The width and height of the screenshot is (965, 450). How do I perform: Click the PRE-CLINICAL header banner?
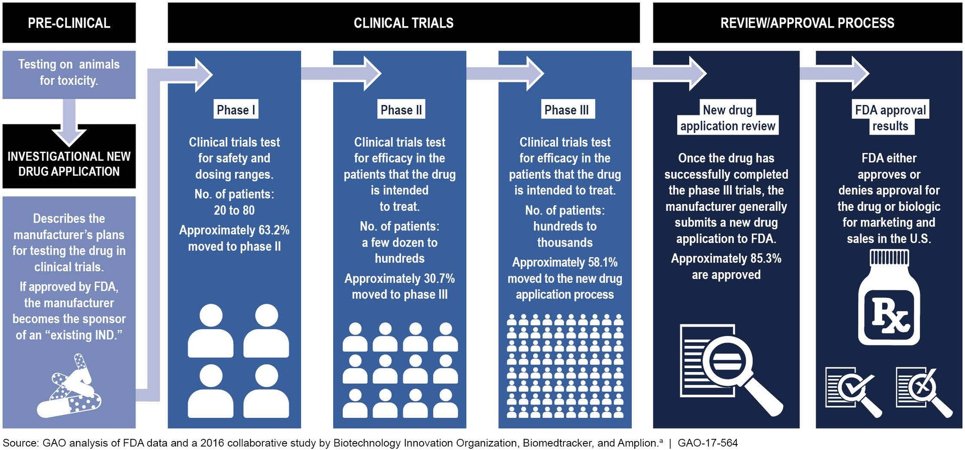69,23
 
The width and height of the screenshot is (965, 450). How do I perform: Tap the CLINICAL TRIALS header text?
404,23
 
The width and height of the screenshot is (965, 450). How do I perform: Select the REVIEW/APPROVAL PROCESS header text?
807,23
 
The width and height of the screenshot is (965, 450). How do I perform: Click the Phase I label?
236,110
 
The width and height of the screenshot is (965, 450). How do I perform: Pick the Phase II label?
401,110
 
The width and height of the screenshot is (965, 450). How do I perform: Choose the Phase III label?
566,110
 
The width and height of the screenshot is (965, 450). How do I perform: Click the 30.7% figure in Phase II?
439,279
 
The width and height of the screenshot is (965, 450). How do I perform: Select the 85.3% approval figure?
765,259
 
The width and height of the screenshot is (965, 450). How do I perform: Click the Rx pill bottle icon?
889,299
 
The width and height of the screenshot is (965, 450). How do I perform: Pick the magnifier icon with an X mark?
923,391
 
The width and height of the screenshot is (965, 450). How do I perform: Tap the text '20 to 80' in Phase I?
234,210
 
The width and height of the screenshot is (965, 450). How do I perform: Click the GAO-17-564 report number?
708,443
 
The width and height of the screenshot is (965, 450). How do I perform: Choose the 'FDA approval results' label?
890,118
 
